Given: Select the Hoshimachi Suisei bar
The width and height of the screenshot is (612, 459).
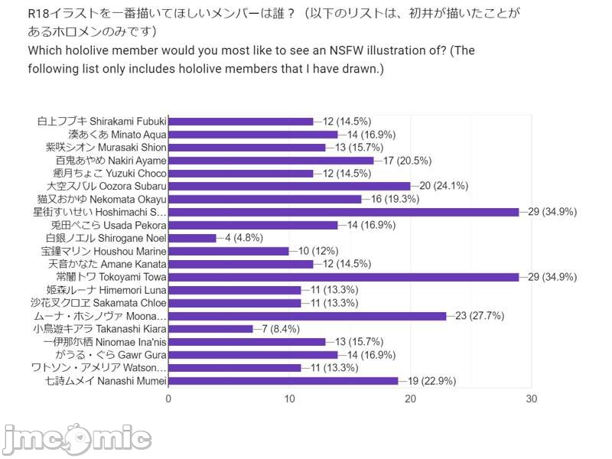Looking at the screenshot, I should [343, 212].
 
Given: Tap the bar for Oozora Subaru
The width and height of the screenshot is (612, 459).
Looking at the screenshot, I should [289, 186].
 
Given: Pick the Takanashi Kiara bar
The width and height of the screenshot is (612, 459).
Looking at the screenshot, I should [210, 329].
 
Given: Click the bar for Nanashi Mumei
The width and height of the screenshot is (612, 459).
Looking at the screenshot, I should [283, 381].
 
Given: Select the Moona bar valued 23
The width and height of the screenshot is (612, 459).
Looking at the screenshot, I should [307, 316].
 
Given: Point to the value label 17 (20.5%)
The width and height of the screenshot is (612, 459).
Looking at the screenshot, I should [408, 161].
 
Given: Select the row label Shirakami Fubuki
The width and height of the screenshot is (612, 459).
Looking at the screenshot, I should [102, 121].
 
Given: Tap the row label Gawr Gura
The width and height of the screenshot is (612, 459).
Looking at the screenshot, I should [112, 355].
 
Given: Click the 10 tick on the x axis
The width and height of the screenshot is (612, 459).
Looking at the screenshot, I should [289, 399].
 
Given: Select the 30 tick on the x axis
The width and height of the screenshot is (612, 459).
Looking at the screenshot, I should [532, 399].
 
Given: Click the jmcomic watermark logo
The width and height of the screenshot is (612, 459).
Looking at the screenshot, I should [76, 438].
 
